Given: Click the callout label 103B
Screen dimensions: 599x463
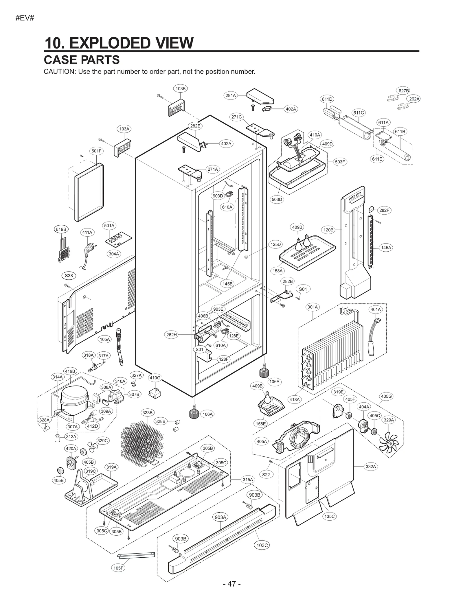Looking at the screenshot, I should click(x=181, y=89).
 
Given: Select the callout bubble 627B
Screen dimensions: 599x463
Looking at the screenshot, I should click(x=404, y=91).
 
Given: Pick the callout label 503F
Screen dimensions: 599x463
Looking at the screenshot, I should click(x=340, y=162).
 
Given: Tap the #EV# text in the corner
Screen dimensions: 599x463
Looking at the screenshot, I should click(x=25, y=18).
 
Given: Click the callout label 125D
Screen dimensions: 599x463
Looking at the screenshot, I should click(x=275, y=244).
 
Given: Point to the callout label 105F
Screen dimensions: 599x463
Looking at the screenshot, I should click(x=118, y=568).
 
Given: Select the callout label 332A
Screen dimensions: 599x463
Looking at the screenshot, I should click(x=371, y=466).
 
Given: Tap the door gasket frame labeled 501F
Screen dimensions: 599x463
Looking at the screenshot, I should click(x=89, y=192).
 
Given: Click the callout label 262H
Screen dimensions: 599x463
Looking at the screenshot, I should click(x=171, y=335).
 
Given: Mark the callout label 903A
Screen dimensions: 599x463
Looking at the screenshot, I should click(x=221, y=517).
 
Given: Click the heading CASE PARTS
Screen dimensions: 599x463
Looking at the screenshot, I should click(x=82, y=60).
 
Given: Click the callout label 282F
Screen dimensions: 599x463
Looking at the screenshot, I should click(x=384, y=210).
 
